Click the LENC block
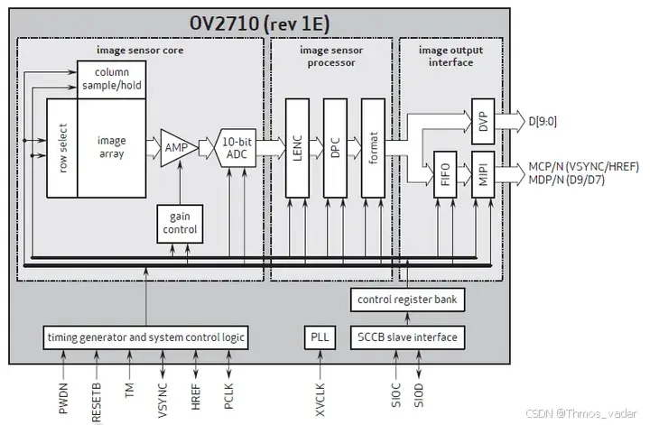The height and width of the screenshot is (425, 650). coord(298,147)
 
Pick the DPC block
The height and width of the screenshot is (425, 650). coord(335,147)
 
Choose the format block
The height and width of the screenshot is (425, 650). coord(373,147)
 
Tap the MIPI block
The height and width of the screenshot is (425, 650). coord(484,171)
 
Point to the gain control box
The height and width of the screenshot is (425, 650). coord(179,224)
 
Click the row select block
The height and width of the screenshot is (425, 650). coord(61,148)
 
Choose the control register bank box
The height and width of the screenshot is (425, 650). coord(407,300)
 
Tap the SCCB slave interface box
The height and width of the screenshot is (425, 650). coord(407,337)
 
